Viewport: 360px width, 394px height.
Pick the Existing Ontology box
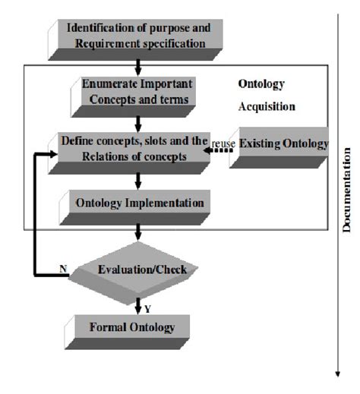(x=283, y=144)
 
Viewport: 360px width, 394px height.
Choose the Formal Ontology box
(x=132, y=327)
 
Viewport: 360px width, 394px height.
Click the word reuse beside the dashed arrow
(x=224, y=143)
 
